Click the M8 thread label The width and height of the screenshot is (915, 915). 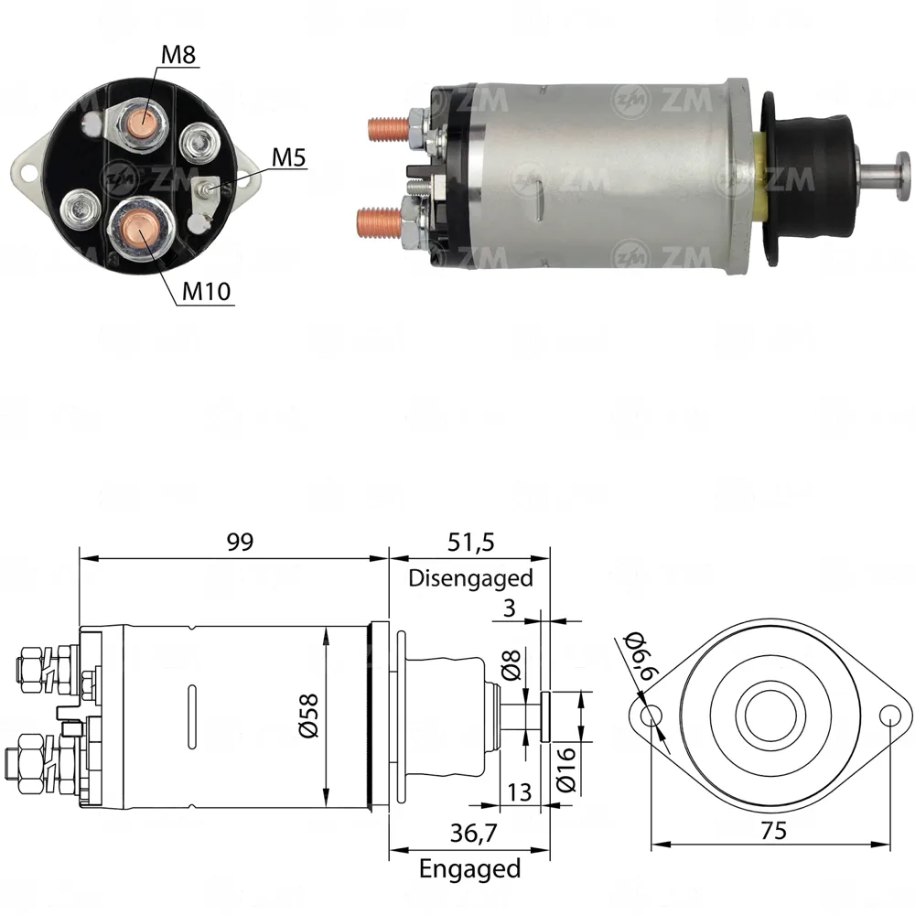coord(178,55)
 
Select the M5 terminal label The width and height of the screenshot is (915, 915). coord(288,157)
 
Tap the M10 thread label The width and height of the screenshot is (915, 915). coord(207,291)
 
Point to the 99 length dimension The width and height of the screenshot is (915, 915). coord(240,542)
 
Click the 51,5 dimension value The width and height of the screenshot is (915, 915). coord(471,543)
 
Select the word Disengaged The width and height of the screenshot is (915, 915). coord(470,578)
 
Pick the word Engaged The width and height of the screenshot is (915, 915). coord(469,869)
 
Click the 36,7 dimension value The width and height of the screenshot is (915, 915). coord(473,834)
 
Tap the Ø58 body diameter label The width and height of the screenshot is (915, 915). coord(308,716)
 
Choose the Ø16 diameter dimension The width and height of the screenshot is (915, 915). coord(566,770)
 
